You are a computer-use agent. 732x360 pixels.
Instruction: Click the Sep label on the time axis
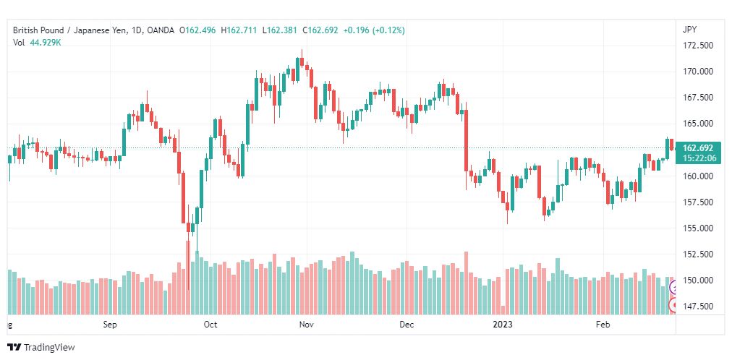coord(110,325)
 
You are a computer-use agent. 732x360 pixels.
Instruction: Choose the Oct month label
coord(210,325)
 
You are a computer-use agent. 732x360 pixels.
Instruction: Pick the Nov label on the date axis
coord(306,325)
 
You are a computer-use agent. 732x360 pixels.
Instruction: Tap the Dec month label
coord(407,325)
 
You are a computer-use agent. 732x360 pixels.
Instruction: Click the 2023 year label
coord(503,325)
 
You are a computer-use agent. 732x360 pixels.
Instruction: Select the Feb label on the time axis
coord(603,325)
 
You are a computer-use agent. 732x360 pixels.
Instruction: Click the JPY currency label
coord(689,30)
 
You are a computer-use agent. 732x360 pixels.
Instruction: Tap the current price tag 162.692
coord(698,148)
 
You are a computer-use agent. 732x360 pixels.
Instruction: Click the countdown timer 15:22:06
coord(699,158)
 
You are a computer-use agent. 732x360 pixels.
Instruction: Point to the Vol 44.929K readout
coord(38,43)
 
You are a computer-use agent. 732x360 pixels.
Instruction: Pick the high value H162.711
coord(239,30)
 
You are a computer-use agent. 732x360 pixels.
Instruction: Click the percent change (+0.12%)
coord(388,30)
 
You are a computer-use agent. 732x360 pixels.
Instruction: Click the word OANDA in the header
coord(160,30)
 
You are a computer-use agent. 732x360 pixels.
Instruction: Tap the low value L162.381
coord(280,30)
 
